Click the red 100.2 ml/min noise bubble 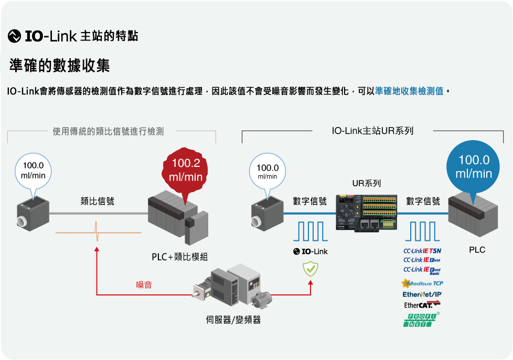point(185,169)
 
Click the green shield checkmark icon point(310,269)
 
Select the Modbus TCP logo point(422,283)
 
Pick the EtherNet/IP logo point(422,294)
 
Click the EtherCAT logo point(422,304)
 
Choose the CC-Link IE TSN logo point(422,250)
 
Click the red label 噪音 point(144,285)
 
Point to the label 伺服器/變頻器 point(233,320)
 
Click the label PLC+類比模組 point(180,257)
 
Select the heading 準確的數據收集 point(59,66)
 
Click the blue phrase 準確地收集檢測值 point(409,91)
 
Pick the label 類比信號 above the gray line point(97,201)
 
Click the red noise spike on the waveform point(97,231)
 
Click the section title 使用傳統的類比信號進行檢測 point(108,132)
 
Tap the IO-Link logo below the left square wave point(310,251)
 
